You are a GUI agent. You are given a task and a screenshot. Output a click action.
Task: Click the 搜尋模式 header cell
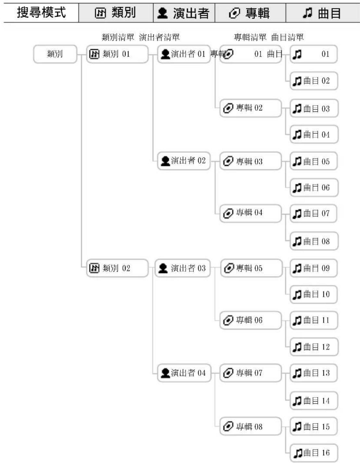pyautogui.click(x=41, y=13)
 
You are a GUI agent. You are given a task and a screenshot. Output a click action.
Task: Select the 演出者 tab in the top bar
pyautogui.click(x=184, y=13)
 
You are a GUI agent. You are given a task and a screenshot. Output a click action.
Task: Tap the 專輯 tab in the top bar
pyautogui.click(x=250, y=13)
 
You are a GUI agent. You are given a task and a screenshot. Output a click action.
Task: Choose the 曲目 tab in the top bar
pyautogui.click(x=322, y=13)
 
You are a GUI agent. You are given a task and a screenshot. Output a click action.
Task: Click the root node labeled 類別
pyautogui.click(x=55, y=54)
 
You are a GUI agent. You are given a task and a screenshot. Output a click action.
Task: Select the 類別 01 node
pyautogui.click(x=117, y=54)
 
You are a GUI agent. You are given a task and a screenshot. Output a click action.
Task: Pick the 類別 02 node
pyautogui.click(x=117, y=268)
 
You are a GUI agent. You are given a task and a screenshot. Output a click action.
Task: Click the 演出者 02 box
pyautogui.click(x=184, y=161)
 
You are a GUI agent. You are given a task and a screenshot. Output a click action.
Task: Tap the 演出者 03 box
pyautogui.click(x=183, y=268)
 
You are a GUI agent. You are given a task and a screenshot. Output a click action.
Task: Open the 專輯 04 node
pyautogui.click(x=250, y=213)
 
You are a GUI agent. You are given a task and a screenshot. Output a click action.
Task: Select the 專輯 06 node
pyautogui.click(x=250, y=320)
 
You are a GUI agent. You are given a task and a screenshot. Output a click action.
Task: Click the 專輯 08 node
pyautogui.click(x=250, y=426)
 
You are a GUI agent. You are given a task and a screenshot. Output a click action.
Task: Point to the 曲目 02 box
pyautogui.click(x=314, y=81)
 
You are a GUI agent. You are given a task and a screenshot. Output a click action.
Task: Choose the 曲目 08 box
pyautogui.click(x=314, y=241)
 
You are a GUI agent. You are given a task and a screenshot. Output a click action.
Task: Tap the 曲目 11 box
pyautogui.click(x=314, y=320)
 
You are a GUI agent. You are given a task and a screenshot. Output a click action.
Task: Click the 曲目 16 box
pyautogui.click(x=314, y=453)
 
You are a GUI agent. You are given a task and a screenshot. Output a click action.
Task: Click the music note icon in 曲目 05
pyautogui.click(x=297, y=161)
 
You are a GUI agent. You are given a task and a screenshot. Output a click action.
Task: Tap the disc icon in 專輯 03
pyautogui.click(x=228, y=161)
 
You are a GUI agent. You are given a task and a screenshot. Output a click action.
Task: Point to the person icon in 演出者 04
pyautogui.click(x=166, y=373)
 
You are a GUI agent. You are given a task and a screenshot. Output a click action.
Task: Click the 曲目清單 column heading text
pyautogui.click(x=288, y=37)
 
